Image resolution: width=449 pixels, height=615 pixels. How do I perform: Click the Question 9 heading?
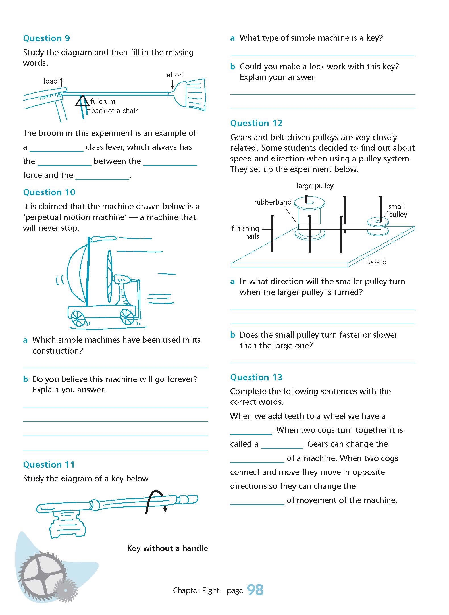46,38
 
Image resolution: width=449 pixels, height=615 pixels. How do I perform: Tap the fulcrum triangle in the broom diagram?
82,101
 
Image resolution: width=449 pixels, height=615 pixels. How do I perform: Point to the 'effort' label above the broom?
175,75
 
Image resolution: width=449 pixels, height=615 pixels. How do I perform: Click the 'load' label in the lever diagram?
51,81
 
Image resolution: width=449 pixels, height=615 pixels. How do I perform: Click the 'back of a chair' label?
114,111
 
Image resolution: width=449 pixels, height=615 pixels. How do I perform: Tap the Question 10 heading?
49,192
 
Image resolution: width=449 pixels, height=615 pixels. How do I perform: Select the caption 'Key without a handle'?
167,548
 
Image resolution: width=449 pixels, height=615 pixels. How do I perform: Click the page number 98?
255,590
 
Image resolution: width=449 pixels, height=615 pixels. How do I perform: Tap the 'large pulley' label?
315,186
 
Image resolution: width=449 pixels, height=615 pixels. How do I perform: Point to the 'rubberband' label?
273,202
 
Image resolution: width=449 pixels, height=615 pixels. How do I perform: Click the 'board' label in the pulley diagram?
377,262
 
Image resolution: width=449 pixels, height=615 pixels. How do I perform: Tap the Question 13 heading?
256,377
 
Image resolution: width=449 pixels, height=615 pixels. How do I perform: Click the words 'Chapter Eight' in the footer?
196,591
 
